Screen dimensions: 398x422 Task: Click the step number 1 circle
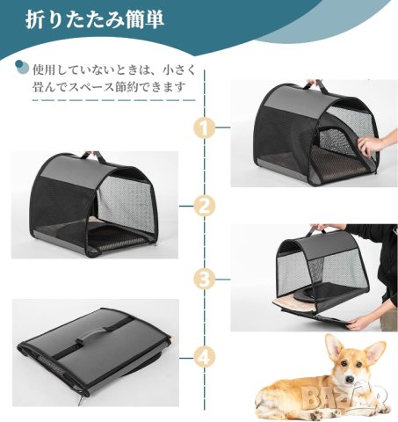(x=204, y=127)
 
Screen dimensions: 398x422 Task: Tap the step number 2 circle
(x=204, y=206)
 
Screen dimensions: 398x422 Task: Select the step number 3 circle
(x=204, y=280)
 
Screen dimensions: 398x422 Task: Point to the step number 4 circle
(x=204, y=358)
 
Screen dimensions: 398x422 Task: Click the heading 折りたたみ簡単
(x=94, y=20)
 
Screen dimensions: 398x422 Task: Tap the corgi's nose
(x=350, y=379)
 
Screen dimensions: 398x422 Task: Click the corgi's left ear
(x=334, y=348)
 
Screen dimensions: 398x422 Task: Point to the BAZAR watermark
(x=344, y=397)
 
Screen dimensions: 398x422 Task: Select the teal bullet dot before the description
(x=22, y=67)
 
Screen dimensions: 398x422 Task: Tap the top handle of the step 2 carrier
(x=93, y=156)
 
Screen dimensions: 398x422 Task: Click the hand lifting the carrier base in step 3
(x=360, y=324)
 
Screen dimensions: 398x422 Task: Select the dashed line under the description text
(x=113, y=100)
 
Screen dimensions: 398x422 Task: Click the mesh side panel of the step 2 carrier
(x=126, y=202)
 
